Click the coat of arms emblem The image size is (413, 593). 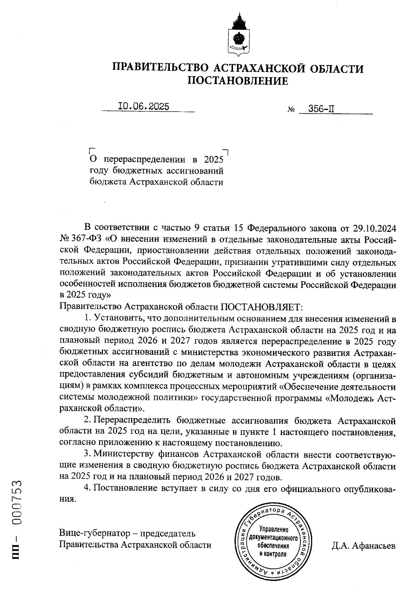(x=239, y=35)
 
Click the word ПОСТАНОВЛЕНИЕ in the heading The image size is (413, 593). (x=238, y=81)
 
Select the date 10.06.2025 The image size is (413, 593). (x=144, y=106)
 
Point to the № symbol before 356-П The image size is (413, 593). (x=291, y=111)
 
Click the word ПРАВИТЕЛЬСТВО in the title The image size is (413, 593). (x=160, y=68)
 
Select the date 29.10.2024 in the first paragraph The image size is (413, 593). (x=374, y=228)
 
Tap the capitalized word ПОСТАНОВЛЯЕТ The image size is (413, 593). (x=261, y=306)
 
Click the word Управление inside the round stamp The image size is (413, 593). (x=274, y=529)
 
